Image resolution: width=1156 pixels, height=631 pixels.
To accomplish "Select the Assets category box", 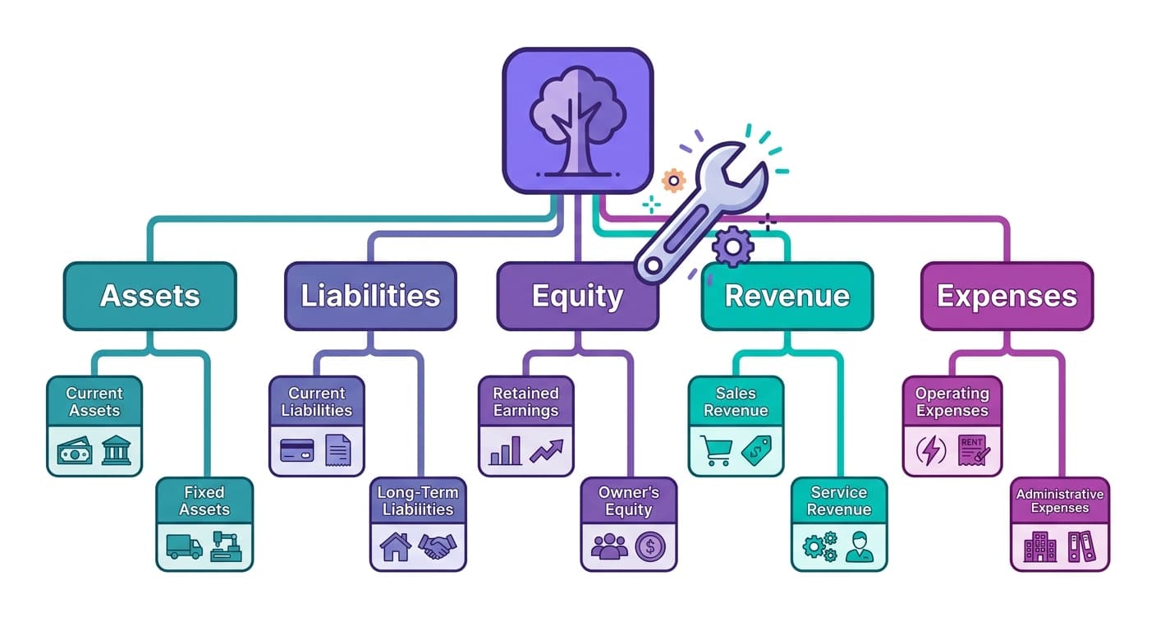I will click(x=149, y=296).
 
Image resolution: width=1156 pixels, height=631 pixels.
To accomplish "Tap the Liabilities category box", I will click(x=370, y=296).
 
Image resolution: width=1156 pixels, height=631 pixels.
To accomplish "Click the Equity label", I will click(x=577, y=297).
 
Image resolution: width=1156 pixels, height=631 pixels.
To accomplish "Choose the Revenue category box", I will click(x=787, y=296).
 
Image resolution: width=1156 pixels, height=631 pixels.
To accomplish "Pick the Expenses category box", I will click(x=1007, y=296).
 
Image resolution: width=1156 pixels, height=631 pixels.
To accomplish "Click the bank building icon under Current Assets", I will click(x=116, y=450).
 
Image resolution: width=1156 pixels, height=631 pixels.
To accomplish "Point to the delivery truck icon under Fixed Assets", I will click(x=184, y=546).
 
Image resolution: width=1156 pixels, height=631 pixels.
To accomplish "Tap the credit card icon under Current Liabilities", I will click(x=296, y=450).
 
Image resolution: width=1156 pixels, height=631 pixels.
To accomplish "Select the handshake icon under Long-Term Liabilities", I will click(x=437, y=546).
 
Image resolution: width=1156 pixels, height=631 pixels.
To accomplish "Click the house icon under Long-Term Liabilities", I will click(x=395, y=546).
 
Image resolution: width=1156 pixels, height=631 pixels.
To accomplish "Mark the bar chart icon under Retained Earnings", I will click(x=504, y=451).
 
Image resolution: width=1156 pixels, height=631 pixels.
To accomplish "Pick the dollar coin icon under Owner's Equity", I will click(x=649, y=546).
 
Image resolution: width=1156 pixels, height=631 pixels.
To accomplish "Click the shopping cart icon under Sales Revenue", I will click(x=715, y=450).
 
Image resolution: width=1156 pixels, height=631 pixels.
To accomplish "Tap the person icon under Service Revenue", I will click(x=860, y=546).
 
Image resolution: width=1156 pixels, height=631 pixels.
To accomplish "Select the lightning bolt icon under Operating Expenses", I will click(x=931, y=450).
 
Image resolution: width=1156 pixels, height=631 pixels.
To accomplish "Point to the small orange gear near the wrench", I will click(x=673, y=180).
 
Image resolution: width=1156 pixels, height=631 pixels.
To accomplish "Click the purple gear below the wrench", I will click(x=733, y=246).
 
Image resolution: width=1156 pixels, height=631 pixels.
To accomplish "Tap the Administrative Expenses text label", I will click(x=1059, y=501).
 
